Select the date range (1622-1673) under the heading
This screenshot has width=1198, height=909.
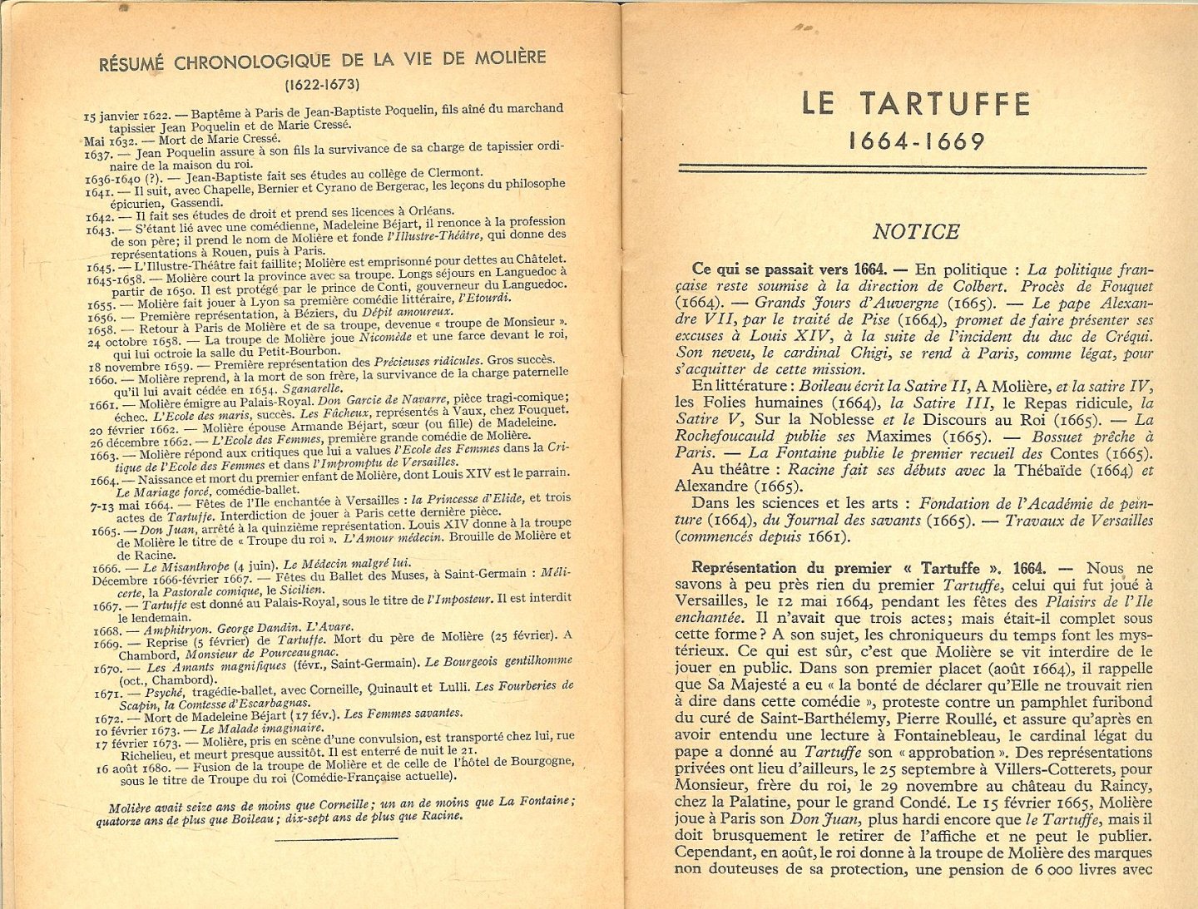[322, 84]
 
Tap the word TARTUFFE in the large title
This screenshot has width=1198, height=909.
[945, 104]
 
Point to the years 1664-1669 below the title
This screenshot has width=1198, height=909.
[916, 141]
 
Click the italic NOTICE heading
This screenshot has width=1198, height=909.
[916, 231]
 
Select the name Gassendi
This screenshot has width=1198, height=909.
[196, 202]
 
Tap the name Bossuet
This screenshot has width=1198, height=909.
[1061, 437]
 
